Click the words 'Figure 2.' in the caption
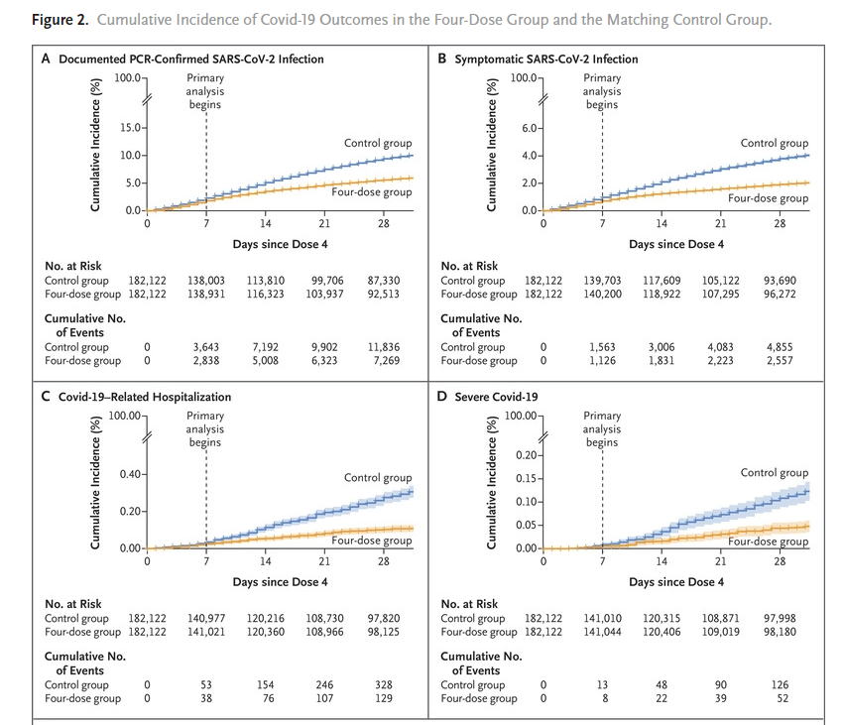click(x=37, y=20)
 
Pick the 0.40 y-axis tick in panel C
click(x=130, y=474)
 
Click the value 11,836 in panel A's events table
click(x=382, y=347)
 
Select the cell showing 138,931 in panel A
click(x=206, y=296)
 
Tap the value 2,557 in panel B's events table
click(x=779, y=361)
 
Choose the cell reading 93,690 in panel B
click(x=779, y=282)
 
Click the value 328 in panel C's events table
click(x=382, y=684)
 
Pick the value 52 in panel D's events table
click(x=779, y=698)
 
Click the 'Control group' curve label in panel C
click(x=377, y=478)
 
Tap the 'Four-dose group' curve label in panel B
click(x=768, y=198)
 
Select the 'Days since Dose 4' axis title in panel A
click(x=281, y=243)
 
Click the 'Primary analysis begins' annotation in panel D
click(x=601, y=429)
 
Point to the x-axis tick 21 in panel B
click(x=720, y=224)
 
